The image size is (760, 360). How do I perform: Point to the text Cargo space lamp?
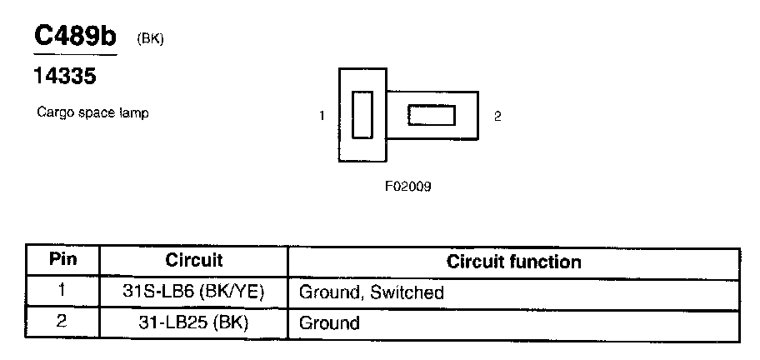92,112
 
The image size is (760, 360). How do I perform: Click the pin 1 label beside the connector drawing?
322,117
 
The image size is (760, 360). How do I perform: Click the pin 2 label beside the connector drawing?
497,117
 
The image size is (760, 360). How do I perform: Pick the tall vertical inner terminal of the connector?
362,115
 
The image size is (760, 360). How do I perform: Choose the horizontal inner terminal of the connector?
431,115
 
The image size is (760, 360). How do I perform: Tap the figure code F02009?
407,187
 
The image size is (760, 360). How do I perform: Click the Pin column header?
63,260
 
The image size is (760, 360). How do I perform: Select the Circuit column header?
193,261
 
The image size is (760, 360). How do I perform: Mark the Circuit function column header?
513,262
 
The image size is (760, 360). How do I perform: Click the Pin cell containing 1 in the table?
63,292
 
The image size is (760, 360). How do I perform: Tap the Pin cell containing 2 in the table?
63,322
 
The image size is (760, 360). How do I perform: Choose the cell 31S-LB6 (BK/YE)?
193,292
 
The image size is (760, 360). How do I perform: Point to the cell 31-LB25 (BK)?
193,322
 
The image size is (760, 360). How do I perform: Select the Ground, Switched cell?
371,293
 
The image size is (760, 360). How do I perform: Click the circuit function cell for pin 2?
329,323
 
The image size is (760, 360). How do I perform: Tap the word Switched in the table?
407,293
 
